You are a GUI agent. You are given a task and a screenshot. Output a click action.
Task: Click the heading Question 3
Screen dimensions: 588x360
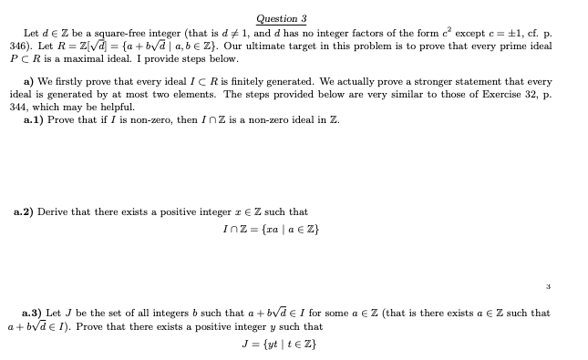click(282, 18)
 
